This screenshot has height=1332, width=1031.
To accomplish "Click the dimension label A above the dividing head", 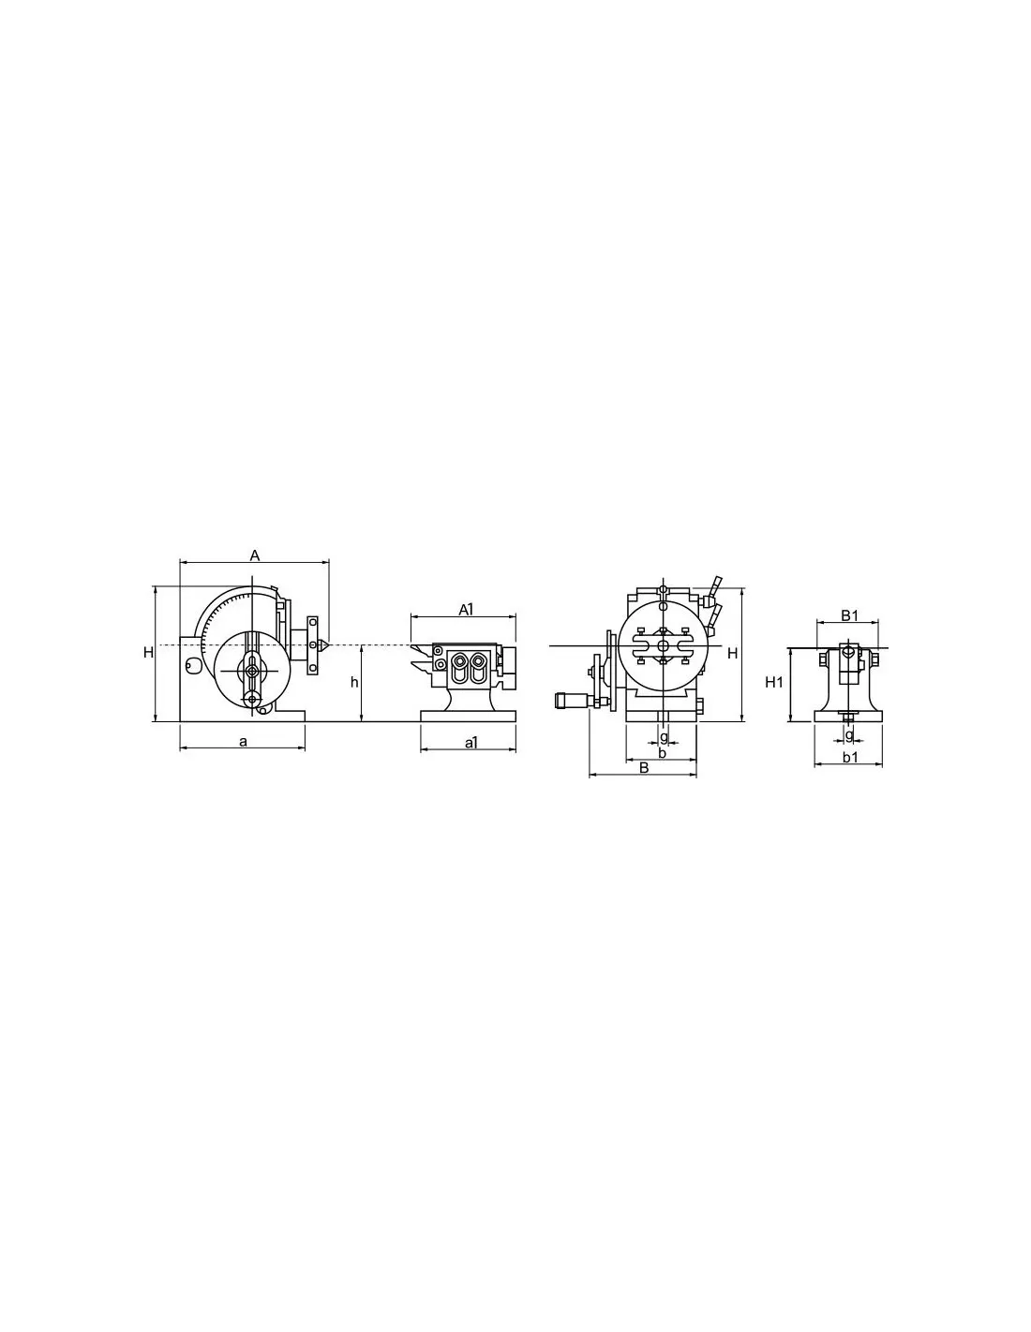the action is (x=255, y=556).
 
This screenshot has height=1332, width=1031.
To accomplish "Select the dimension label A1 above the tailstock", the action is (x=467, y=609).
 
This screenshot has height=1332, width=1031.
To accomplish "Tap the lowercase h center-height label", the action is (x=354, y=682).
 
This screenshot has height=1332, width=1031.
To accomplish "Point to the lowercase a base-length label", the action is (x=244, y=742).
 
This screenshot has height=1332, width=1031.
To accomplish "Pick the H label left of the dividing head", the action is (x=148, y=653).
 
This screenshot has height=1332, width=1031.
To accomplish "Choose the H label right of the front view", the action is (x=732, y=654).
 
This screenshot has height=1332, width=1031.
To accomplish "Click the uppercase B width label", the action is (x=644, y=767).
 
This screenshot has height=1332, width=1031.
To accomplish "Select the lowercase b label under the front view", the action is (x=662, y=753).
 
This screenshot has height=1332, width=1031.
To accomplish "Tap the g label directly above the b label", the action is (x=664, y=736).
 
